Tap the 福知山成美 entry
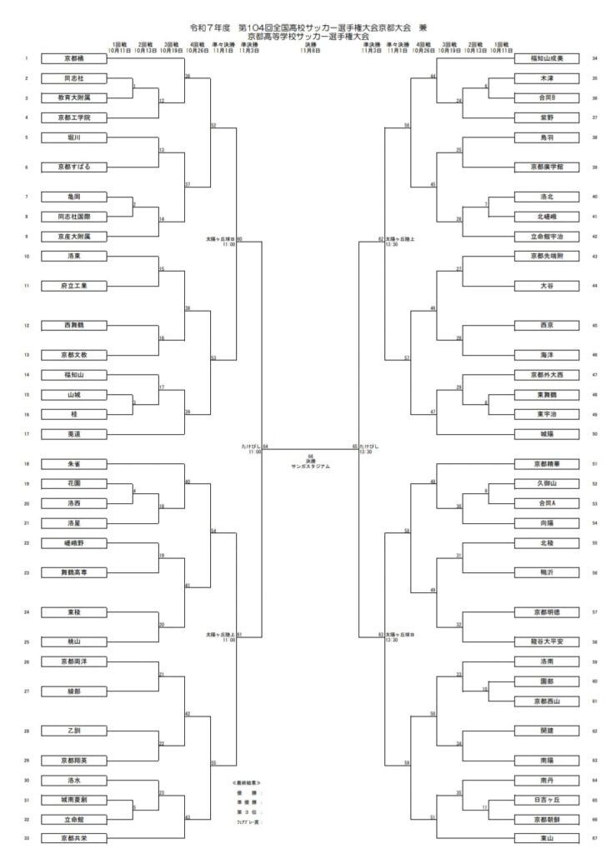(547, 59)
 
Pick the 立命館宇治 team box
(547, 237)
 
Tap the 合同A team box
(547, 503)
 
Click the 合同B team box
(547, 97)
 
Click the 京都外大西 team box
(547, 375)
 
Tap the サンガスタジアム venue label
(310, 466)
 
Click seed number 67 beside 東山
(593, 838)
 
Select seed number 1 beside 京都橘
(27, 59)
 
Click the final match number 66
(310, 456)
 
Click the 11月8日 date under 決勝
(310, 50)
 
